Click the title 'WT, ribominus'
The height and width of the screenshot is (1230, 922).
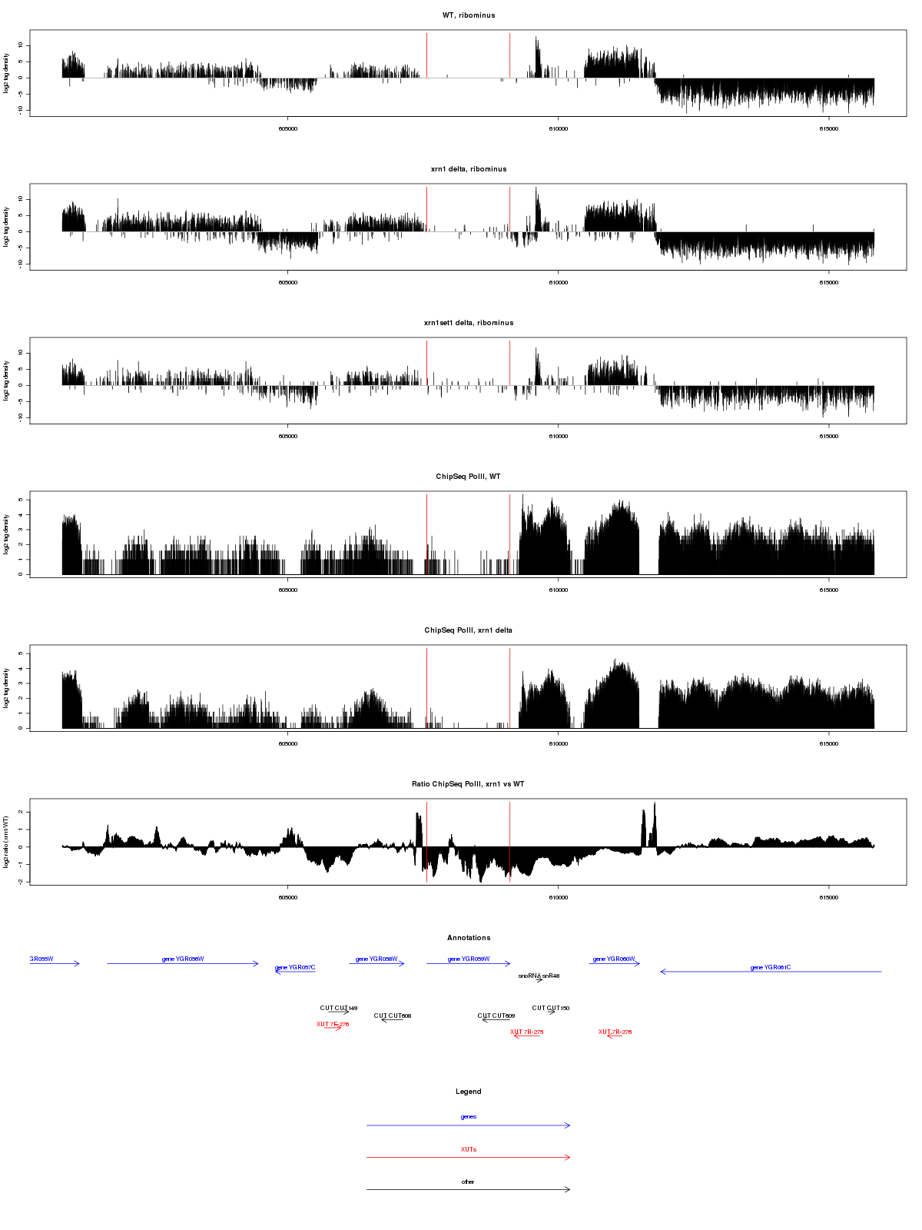pyautogui.click(x=468, y=15)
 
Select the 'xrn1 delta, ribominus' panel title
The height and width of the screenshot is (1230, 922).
pyautogui.click(x=468, y=169)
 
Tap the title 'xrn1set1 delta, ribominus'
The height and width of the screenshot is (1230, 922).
pyautogui.click(x=468, y=323)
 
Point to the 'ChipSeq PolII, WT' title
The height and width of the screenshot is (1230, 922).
pyautogui.click(x=468, y=477)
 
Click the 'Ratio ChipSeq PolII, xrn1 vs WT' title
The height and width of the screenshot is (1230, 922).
pyautogui.click(x=468, y=784)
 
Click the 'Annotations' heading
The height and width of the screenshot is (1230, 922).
pyautogui.click(x=468, y=938)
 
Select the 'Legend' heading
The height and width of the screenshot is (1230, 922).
pyautogui.click(x=468, y=1092)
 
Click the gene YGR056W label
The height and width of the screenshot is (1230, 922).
pyautogui.click(x=183, y=959)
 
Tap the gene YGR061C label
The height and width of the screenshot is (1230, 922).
pyautogui.click(x=770, y=968)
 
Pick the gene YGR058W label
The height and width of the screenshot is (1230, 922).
pyautogui.click(x=376, y=959)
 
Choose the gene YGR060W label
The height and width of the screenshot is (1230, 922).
pyautogui.click(x=614, y=959)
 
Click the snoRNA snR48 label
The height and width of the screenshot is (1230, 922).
pyautogui.click(x=539, y=976)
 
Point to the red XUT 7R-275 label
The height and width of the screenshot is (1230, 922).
pyautogui.click(x=527, y=1032)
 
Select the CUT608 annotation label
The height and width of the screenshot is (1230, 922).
pyautogui.click(x=393, y=1016)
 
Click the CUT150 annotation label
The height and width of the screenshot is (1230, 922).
pyautogui.click(x=551, y=1009)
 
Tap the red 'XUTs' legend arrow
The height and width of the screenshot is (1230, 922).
pyautogui.click(x=468, y=1157)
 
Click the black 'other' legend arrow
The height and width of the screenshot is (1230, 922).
pyautogui.click(x=468, y=1189)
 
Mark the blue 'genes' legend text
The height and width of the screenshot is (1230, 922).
pyautogui.click(x=468, y=1117)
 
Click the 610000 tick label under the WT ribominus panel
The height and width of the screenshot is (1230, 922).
pyautogui.click(x=558, y=129)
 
